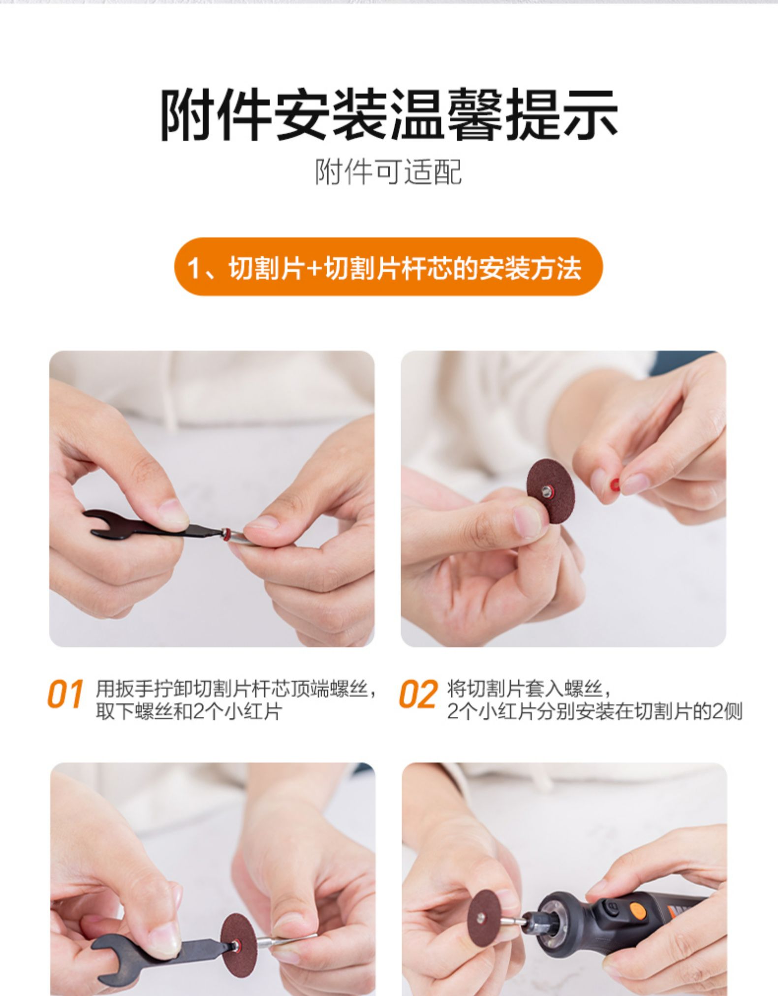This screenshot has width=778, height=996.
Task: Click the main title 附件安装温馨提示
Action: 389,115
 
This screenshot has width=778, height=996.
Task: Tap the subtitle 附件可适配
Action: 389,172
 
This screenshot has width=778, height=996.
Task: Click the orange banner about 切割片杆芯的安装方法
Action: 388,267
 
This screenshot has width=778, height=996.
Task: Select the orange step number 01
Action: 65,695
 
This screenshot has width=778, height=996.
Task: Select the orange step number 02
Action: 417,695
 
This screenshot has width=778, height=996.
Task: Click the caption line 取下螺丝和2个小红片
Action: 188,712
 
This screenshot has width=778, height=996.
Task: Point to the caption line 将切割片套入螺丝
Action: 529,688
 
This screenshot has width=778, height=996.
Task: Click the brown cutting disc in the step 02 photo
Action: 547,491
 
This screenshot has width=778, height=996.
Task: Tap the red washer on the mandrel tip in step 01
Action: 226,533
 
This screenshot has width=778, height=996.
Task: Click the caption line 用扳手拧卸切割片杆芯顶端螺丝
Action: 236,688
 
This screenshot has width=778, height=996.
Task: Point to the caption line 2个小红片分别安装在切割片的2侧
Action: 594,712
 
